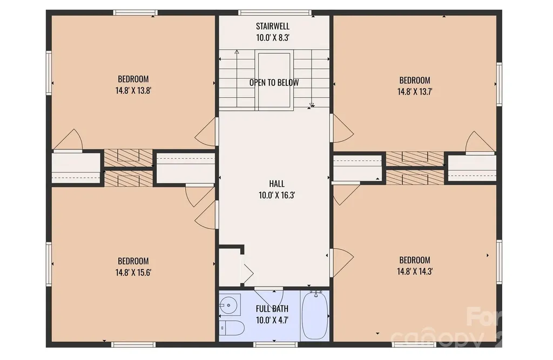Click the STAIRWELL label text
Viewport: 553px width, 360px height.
[x=273, y=26]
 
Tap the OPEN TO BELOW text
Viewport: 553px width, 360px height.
[x=274, y=83]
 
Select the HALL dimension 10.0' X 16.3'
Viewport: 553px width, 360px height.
[x=276, y=195]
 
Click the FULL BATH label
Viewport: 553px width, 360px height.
[x=272, y=309]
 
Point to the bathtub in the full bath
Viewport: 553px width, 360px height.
[x=315, y=315]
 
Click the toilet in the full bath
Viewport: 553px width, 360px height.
[x=232, y=329]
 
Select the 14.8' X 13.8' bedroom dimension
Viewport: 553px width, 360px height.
[x=133, y=91]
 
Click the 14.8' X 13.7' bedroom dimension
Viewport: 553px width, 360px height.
[x=415, y=92]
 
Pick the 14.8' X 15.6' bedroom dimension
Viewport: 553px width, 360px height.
[x=133, y=273]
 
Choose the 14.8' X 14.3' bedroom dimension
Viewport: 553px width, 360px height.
[x=415, y=271]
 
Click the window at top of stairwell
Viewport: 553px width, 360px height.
[x=275, y=13]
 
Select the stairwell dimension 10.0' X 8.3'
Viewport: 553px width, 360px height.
[x=273, y=38]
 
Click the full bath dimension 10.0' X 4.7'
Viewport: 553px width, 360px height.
[x=272, y=321]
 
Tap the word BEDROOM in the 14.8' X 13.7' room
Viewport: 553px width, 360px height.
[x=415, y=80]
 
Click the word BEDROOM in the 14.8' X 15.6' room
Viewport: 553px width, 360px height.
[x=133, y=261]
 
